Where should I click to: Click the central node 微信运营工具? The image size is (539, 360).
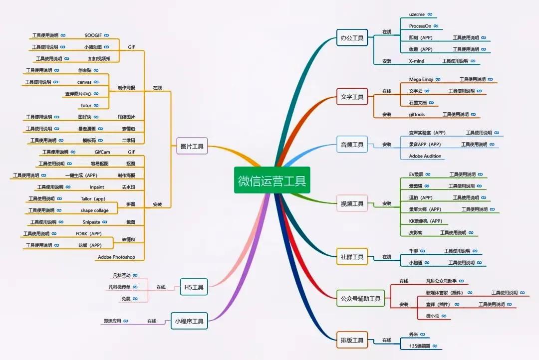point(272,180)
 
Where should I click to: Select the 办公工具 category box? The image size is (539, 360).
point(352,38)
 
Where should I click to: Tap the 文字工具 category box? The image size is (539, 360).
point(352,97)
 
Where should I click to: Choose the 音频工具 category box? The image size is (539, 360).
point(352,145)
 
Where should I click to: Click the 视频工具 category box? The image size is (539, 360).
point(352,203)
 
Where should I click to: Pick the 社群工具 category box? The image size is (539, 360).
point(352,257)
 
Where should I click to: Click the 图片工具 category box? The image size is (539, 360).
point(192,147)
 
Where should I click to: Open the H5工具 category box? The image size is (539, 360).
point(194,287)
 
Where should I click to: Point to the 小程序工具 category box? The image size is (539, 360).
point(189,321)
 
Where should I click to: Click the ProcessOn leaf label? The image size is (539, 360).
point(420,26)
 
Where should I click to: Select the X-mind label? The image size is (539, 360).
point(417,61)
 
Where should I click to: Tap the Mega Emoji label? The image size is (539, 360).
point(422,79)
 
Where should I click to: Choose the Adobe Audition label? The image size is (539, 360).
point(425,156)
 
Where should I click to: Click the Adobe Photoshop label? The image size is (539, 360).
point(116,257)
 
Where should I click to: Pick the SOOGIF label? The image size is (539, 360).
point(93,35)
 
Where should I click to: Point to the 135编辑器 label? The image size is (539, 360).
point(420,346)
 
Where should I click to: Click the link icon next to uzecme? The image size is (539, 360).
point(430,14)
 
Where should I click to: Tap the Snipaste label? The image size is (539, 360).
point(91,222)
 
